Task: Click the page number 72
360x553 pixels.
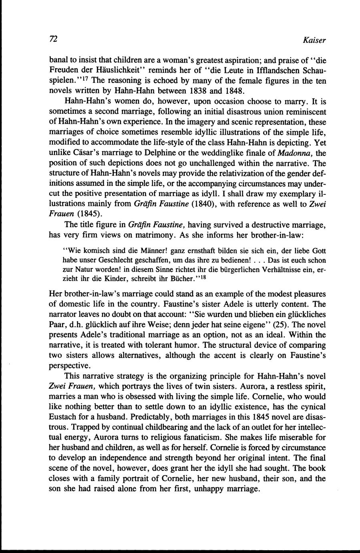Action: (53, 39)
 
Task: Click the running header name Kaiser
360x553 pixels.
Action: (315, 40)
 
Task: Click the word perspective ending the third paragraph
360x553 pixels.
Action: (69, 365)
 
